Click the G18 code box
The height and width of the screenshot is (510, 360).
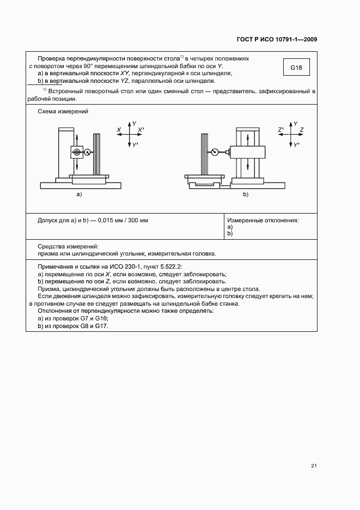(296, 68)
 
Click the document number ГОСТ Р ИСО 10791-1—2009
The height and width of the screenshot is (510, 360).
(277, 40)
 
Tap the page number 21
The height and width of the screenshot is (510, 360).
(314, 466)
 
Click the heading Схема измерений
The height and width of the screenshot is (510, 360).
(63, 111)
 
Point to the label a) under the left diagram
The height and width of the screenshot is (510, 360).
(79, 194)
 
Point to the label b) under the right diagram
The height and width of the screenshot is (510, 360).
(246, 194)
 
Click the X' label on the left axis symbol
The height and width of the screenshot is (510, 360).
(141, 130)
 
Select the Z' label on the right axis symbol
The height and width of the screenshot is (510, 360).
(280, 130)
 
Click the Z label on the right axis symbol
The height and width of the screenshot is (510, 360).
(301, 130)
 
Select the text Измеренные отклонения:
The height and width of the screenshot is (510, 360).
(263, 220)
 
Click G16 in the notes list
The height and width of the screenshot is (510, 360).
(102, 318)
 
